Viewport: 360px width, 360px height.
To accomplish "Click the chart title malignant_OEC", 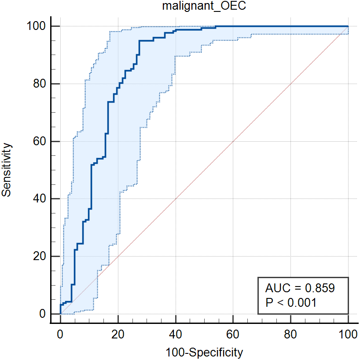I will point(204,7).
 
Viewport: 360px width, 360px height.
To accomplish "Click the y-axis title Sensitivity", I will point(7,169).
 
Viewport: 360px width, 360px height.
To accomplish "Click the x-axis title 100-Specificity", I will point(204,352).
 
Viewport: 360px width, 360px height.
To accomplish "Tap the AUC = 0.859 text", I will point(300,288).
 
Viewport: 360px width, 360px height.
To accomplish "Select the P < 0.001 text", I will point(290,302).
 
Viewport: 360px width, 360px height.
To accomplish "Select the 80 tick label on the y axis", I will point(40,84).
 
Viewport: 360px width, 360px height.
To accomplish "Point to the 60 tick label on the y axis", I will point(40,142).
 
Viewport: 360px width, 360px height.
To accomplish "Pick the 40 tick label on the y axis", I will point(40,199).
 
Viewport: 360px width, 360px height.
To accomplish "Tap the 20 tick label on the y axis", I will point(40,257).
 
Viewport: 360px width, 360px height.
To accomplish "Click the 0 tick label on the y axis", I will point(43,314).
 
